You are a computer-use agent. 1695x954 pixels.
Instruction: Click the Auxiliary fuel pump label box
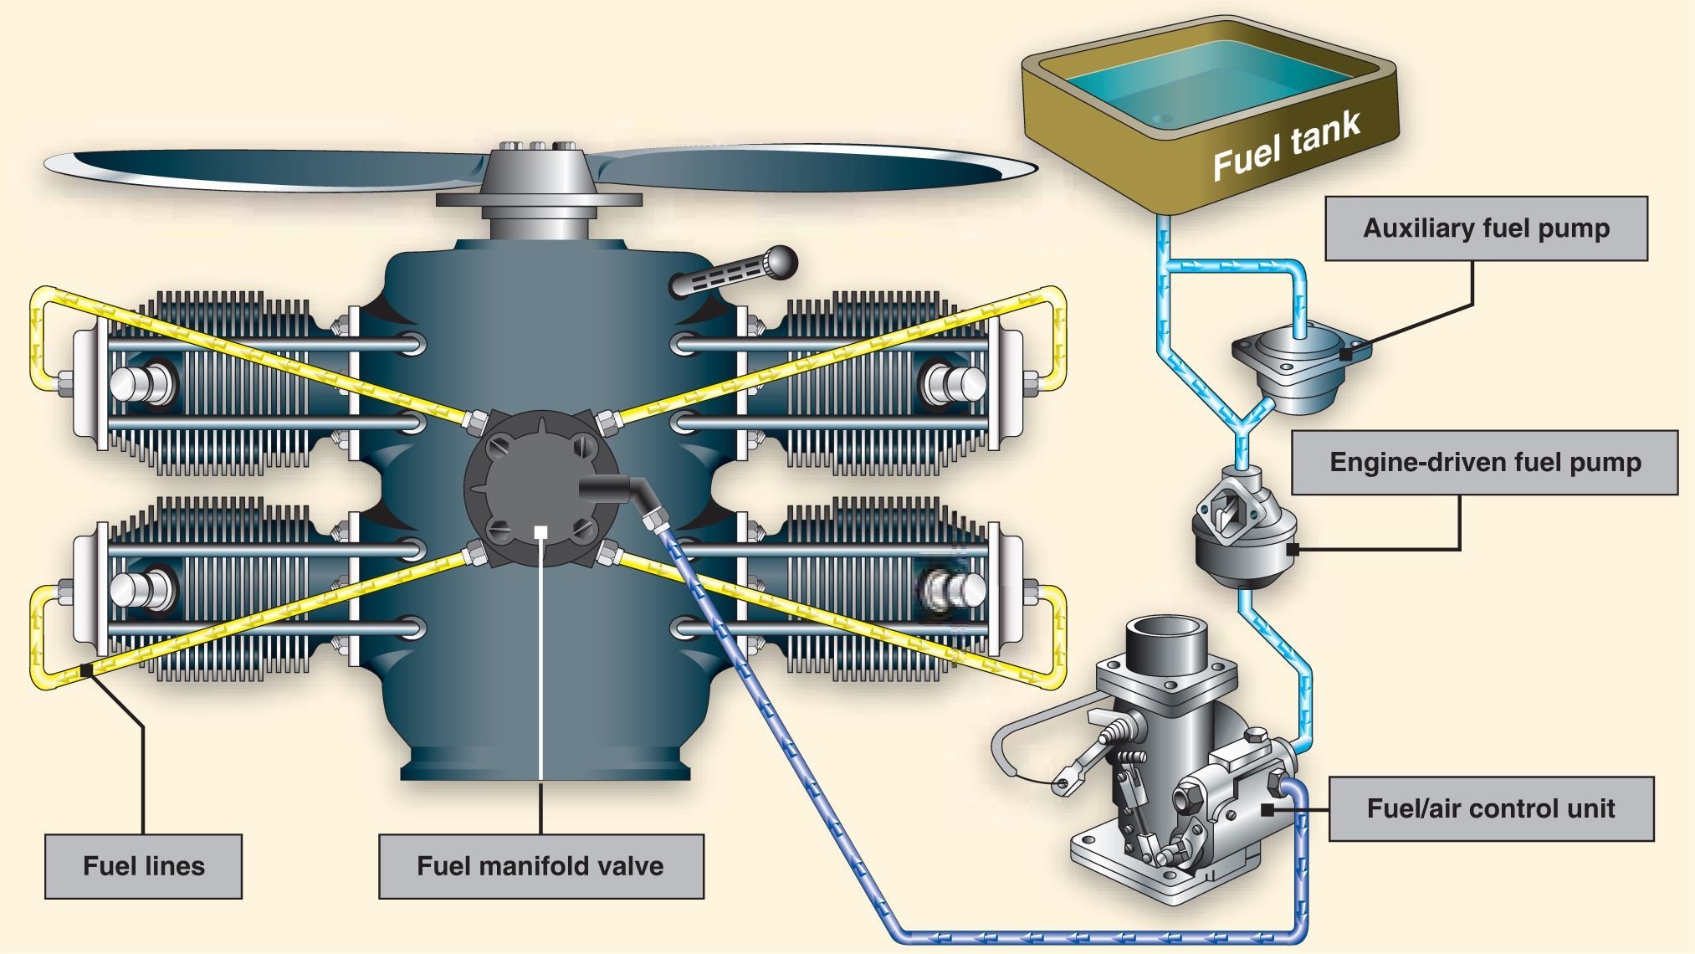coord(1486,228)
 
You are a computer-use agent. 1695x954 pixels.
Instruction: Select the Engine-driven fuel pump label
coord(1484,463)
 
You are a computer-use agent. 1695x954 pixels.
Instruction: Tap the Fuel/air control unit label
coord(1490,808)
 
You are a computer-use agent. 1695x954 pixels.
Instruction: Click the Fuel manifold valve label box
coord(540,865)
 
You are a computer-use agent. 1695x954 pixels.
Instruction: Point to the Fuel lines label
coord(143,865)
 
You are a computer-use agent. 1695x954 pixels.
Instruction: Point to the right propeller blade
coord(820,167)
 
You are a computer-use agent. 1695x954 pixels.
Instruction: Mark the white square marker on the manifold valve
coord(541,531)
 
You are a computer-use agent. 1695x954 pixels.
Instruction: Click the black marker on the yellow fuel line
coord(86,669)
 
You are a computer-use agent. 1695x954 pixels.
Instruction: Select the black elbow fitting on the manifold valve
coord(619,490)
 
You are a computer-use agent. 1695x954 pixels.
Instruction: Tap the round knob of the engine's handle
coord(778,261)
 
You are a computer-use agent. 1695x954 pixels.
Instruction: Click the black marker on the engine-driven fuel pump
coord(1293,550)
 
